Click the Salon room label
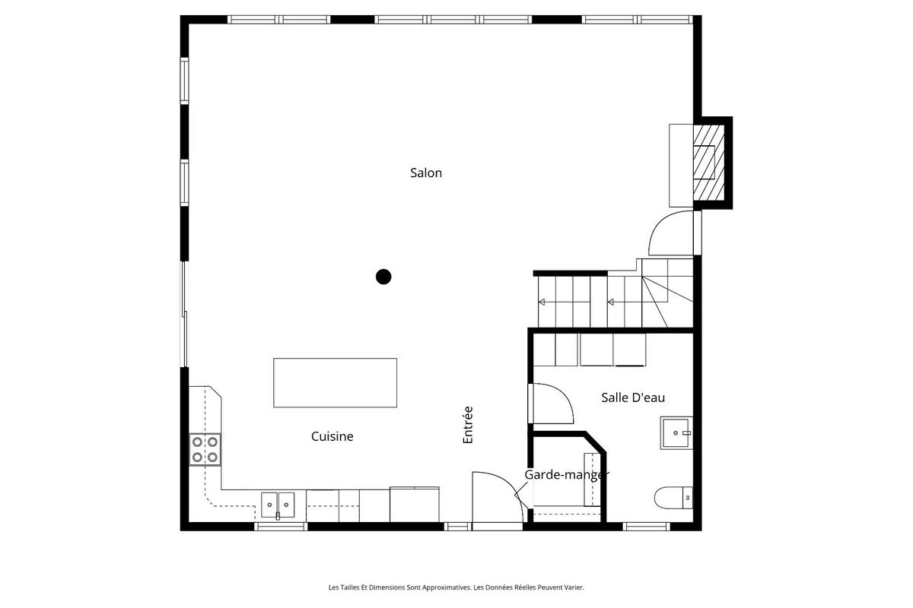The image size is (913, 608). pyautogui.click(x=426, y=173)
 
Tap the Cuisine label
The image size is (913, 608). pyautogui.click(x=332, y=436)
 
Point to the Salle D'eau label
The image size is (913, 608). pyautogui.click(x=633, y=397)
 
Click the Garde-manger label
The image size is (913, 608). pyautogui.click(x=566, y=475)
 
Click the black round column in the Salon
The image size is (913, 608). pyautogui.click(x=383, y=277)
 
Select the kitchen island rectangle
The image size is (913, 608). pyautogui.click(x=335, y=382)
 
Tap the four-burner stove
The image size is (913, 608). pyautogui.click(x=205, y=449)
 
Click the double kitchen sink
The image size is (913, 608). pyautogui.click(x=278, y=504)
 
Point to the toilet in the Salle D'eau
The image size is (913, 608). pyautogui.click(x=673, y=498)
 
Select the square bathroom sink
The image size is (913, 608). pyautogui.click(x=676, y=432)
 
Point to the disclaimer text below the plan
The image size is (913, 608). pyautogui.click(x=456, y=587)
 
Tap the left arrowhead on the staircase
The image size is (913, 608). pyautogui.click(x=542, y=302)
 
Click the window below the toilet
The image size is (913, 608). pyautogui.click(x=646, y=525)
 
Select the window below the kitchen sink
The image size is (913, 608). pyautogui.click(x=280, y=525)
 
